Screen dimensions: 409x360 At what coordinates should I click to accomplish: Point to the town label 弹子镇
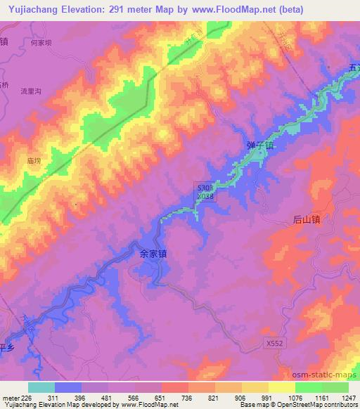[x=259, y=145]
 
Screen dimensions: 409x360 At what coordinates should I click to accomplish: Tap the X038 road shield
[x=205, y=197]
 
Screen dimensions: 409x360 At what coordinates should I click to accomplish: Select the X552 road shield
[x=276, y=342]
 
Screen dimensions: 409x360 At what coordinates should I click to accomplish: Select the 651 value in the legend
[x=161, y=398]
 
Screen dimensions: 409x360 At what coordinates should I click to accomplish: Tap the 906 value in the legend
[x=241, y=398]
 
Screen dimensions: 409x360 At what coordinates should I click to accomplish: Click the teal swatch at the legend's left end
[x=41, y=387]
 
